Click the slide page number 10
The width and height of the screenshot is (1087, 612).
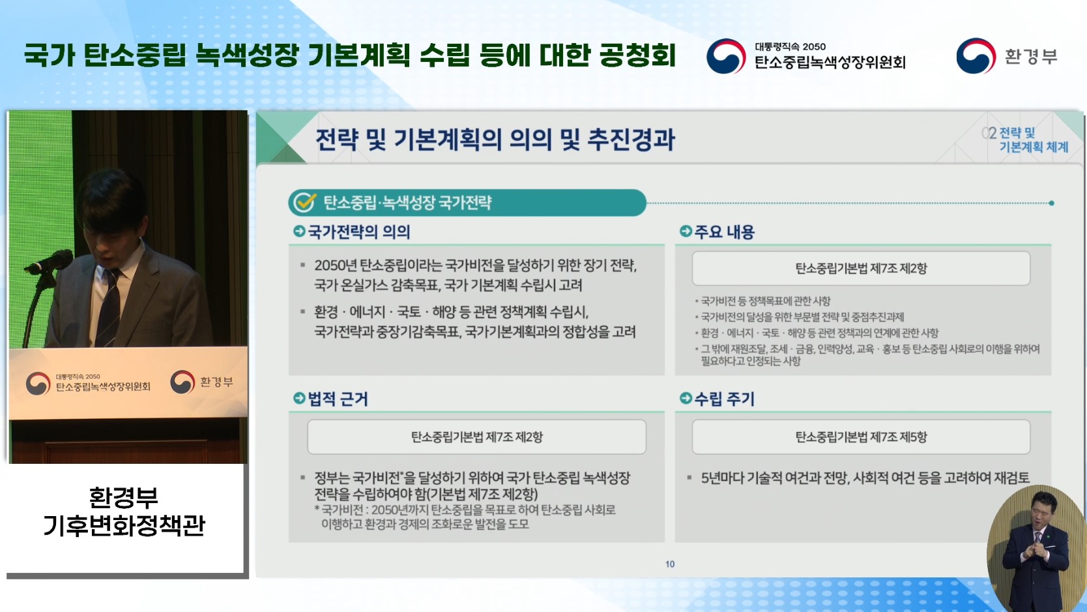[670, 564]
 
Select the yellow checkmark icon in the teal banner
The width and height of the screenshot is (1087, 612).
[305, 202]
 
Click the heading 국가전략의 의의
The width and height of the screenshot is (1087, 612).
[358, 232]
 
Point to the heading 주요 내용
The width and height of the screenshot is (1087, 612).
[724, 232]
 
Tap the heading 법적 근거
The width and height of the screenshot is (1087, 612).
[338, 399]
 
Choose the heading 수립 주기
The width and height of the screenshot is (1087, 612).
[724, 399]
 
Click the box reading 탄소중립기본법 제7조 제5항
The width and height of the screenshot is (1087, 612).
[861, 436]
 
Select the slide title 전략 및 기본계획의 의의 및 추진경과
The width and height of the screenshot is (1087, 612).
[495, 140]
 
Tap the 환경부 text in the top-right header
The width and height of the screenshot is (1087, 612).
[1030, 56]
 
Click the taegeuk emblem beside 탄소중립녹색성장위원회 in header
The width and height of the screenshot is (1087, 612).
[726, 56]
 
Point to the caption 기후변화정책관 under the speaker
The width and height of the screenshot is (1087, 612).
[124, 525]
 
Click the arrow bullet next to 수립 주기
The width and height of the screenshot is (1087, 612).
[686, 398]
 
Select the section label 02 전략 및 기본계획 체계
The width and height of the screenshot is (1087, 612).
[1025, 140]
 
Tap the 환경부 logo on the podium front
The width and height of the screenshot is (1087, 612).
[202, 382]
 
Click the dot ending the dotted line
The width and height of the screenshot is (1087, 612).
[1051, 203]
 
